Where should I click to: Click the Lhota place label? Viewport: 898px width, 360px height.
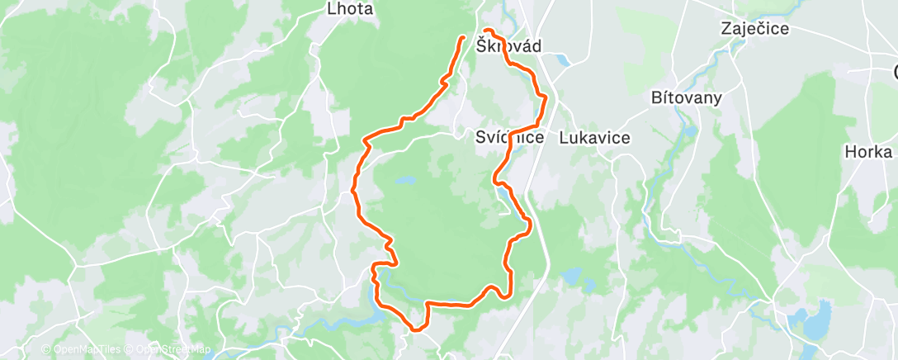coord(351,10)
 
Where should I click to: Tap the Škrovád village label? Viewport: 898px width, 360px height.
coord(509,47)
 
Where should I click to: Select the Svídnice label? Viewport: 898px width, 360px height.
coord(510,138)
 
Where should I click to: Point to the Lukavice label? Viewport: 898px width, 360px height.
coord(594,138)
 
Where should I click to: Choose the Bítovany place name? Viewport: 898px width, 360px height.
coord(687,97)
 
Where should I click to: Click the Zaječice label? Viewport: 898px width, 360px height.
coord(754,29)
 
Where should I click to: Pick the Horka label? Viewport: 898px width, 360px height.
coord(868,152)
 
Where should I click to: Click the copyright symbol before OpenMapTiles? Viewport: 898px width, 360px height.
coord(46,349)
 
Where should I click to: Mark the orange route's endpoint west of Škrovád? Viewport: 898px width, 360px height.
coord(461,37)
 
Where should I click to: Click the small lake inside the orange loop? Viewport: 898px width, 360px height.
coord(404,179)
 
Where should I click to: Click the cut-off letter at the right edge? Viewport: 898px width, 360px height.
coord(894,70)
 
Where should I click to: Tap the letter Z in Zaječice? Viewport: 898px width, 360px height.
coord(725,29)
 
